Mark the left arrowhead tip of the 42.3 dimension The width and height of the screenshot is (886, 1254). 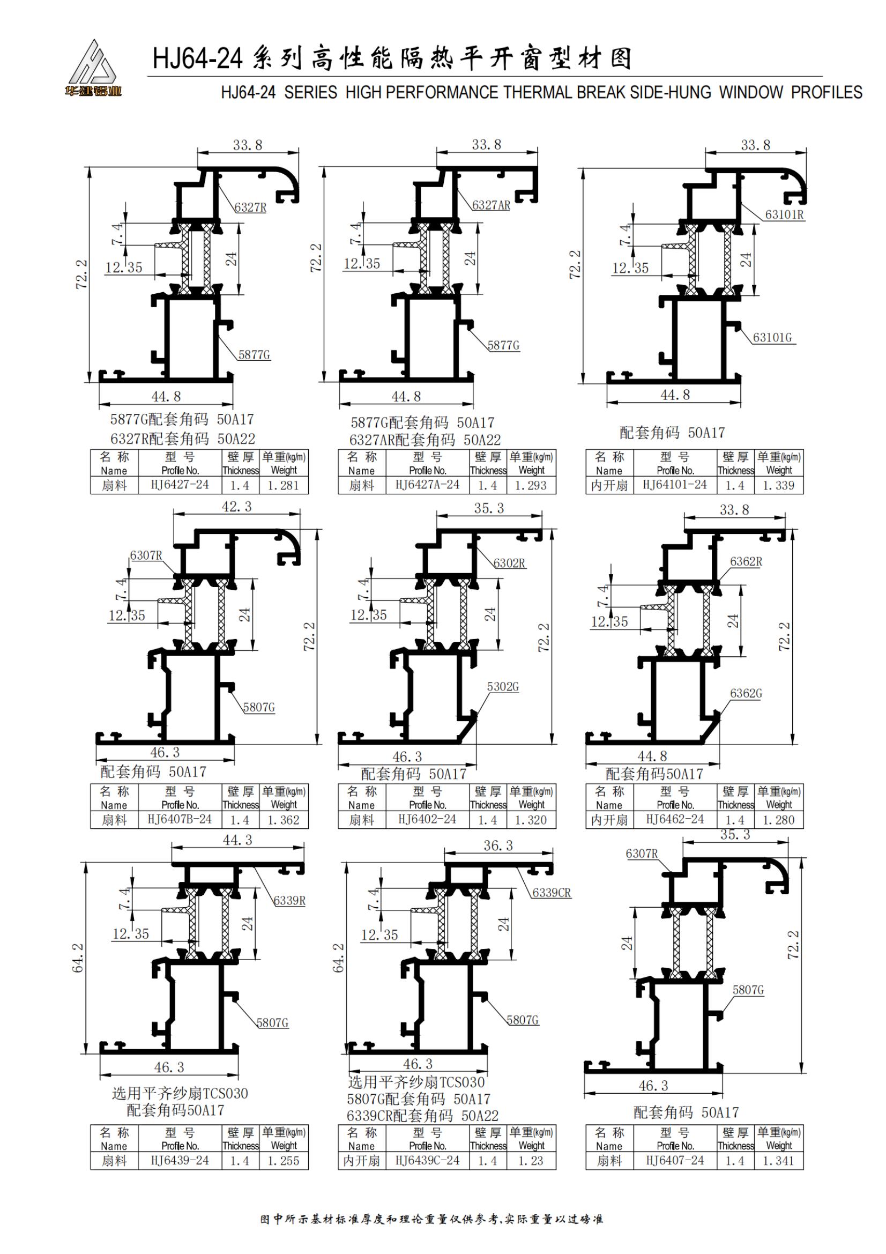click(x=174, y=514)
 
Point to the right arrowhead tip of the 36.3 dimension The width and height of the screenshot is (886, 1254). click(x=553, y=853)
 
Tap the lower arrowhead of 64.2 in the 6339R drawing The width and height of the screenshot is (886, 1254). click(x=86, y=1053)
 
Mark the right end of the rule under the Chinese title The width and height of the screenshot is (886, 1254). click(x=823, y=77)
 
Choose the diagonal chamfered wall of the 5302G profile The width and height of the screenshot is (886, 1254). click(x=467, y=730)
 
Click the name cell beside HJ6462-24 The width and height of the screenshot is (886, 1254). click(x=609, y=820)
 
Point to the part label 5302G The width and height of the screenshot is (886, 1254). click(x=503, y=687)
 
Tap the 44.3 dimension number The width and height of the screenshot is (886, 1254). click(x=237, y=840)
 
